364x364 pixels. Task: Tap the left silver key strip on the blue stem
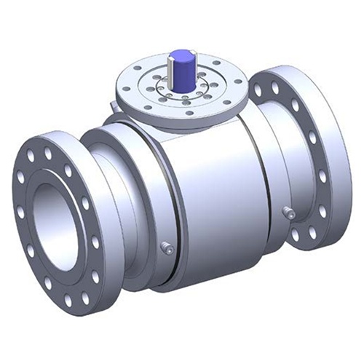click(x=170, y=69)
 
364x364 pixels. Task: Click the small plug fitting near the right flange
click(x=289, y=214)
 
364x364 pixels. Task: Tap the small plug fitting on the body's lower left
click(x=166, y=248)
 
